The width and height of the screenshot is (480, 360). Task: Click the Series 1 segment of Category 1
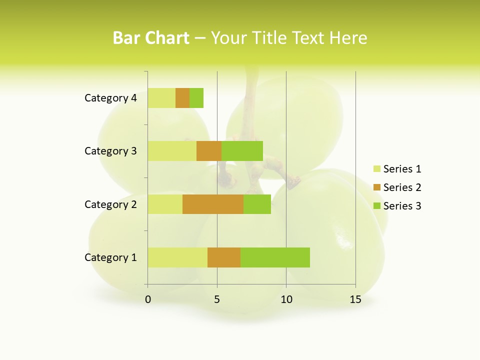(177, 257)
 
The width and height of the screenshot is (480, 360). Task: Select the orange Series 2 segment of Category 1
(224, 257)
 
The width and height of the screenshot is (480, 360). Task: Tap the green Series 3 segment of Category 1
(275, 257)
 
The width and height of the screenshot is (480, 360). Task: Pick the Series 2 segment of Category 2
(213, 204)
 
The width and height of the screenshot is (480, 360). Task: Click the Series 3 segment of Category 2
(257, 204)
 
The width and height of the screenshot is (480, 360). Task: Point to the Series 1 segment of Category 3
(172, 151)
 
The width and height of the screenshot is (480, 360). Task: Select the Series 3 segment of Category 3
(242, 151)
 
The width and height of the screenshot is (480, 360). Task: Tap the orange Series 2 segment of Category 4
(182, 98)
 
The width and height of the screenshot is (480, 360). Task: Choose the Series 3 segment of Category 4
(196, 98)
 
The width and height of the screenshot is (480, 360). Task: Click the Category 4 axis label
(110, 98)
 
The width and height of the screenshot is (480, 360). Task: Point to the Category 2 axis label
(110, 204)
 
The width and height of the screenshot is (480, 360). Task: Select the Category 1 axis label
(110, 257)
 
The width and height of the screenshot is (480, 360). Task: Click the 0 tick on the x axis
(148, 299)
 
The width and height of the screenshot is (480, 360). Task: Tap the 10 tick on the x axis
(286, 299)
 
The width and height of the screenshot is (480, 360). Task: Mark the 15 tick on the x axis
(355, 299)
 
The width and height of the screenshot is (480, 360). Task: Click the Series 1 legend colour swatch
(377, 169)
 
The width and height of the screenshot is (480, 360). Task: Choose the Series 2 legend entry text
(402, 187)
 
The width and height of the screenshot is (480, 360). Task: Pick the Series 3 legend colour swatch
(377, 206)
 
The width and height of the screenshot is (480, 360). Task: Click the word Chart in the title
(169, 38)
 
